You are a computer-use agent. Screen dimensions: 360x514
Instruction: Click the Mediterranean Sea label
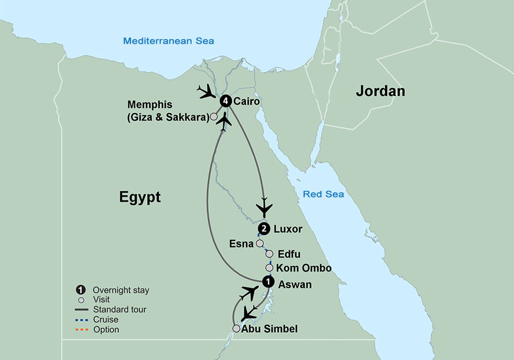[169, 41]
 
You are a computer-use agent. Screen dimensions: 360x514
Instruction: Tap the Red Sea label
[323, 194]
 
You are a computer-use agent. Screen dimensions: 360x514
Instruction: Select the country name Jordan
[380, 91]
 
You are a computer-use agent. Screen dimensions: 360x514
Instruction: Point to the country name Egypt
[140, 197]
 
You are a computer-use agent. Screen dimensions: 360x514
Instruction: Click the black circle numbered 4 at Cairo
[226, 101]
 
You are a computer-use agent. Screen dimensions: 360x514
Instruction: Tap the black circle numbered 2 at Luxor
[263, 229]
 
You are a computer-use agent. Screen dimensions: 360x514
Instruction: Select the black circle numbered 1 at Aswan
[269, 282]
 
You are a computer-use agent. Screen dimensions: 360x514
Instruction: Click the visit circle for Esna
[259, 244]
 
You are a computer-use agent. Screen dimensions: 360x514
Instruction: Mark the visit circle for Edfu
[269, 254]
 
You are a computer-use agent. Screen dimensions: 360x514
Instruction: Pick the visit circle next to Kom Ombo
[269, 268]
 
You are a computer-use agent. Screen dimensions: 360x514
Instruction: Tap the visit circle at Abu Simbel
[236, 328]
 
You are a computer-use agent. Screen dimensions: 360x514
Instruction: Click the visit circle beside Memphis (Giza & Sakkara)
[213, 116]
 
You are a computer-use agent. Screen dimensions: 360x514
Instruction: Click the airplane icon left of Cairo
[206, 91]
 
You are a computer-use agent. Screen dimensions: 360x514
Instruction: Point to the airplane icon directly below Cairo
[225, 120]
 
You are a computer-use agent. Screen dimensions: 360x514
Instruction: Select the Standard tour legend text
[119, 309]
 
